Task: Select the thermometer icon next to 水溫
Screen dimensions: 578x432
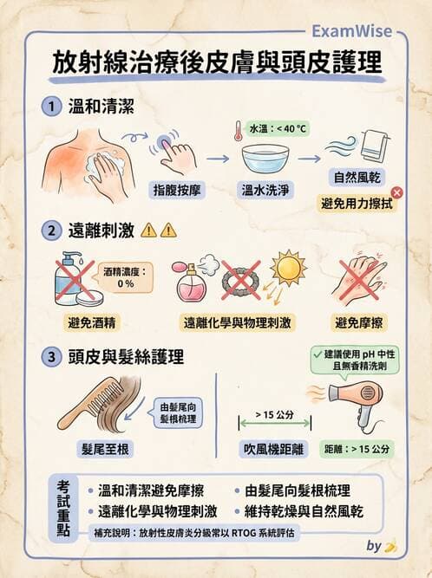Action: click(x=236, y=131)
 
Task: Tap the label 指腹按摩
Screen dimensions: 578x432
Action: click(x=178, y=187)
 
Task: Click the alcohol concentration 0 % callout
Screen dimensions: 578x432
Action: click(x=124, y=277)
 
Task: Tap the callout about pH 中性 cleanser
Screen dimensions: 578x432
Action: click(x=355, y=360)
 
